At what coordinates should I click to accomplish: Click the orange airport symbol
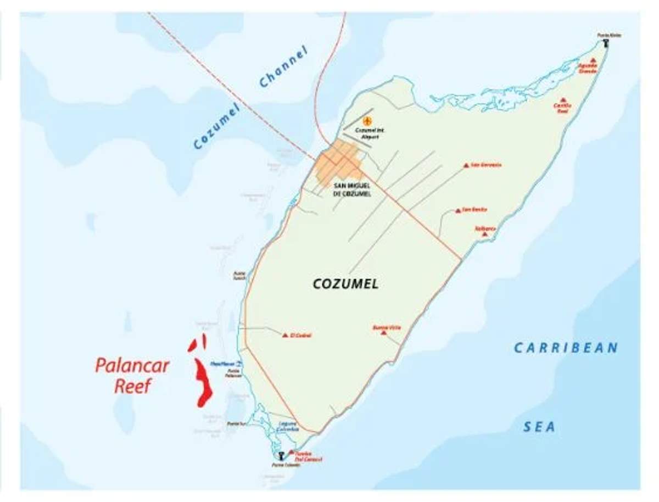click(367, 120)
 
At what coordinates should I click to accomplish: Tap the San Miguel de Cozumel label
click(352, 189)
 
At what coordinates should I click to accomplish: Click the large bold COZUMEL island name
click(345, 284)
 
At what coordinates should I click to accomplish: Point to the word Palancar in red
click(132, 366)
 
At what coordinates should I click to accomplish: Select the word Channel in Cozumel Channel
click(283, 68)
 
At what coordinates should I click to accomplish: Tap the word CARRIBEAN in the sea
click(566, 348)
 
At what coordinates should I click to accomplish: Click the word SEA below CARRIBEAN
click(539, 427)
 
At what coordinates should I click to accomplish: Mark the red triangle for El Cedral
click(285, 334)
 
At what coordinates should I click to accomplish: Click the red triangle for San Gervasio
click(466, 165)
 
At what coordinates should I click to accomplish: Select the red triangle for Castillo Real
click(562, 100)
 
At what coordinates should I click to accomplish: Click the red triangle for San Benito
click(457, 210)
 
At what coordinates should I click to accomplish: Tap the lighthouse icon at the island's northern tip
click(606, 43)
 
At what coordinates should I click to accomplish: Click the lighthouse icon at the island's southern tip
click(281, 455)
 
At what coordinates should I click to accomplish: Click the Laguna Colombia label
click(288, 426)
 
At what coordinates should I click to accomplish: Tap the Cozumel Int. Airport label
click(367, 133)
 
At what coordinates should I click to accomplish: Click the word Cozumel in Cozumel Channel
click(217, 127)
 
